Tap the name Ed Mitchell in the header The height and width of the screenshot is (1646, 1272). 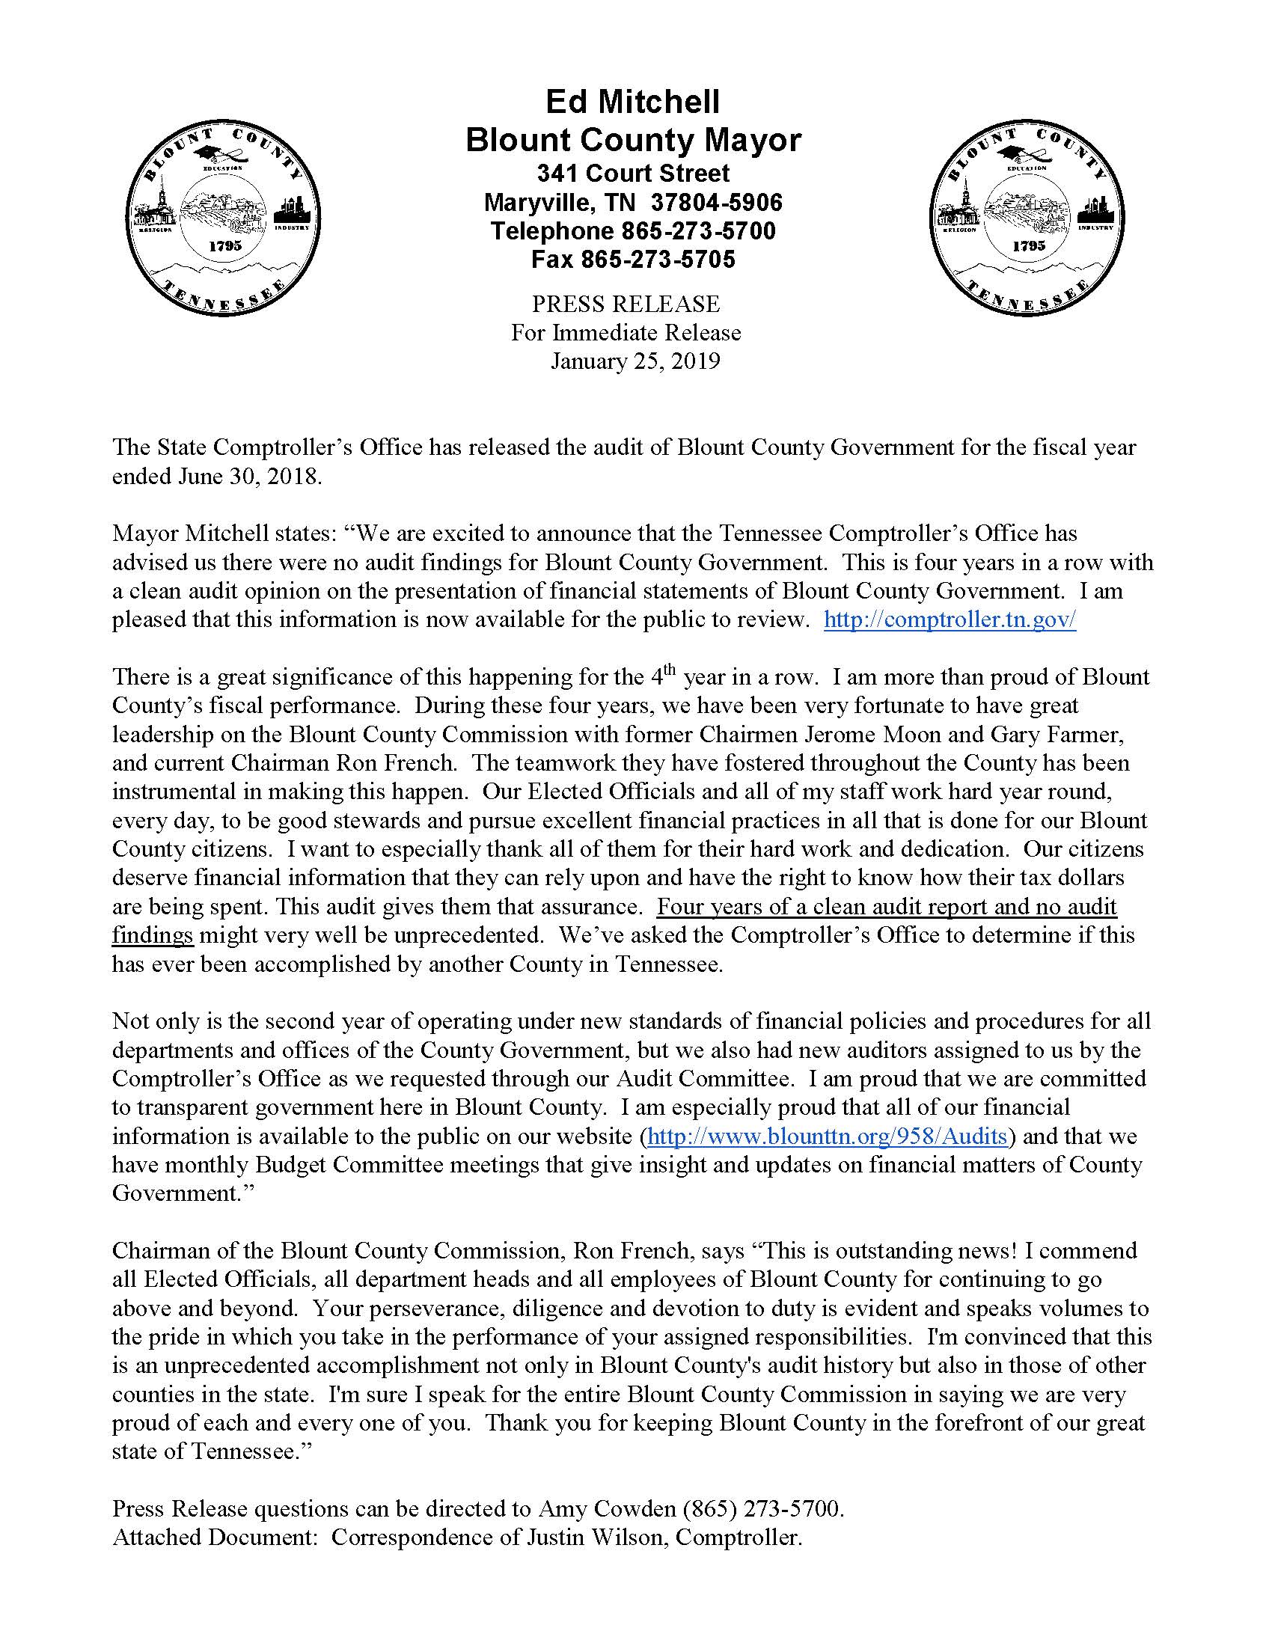coord(632,102)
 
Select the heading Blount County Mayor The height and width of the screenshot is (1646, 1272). coord(632,140)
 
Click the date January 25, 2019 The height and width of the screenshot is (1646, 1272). coord(635,362)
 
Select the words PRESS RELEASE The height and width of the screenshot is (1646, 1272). coord(626,305)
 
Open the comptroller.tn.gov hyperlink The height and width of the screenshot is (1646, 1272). coord(950,619)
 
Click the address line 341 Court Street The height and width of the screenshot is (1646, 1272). coord(632,174)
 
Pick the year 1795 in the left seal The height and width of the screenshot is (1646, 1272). coord(224,246)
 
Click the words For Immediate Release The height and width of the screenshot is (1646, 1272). coord(626,333)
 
